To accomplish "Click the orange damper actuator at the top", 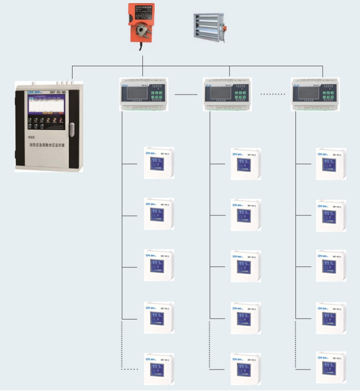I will coord(141,22).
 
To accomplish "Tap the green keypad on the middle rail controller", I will coord(240,94).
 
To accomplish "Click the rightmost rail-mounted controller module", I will coord(314,94).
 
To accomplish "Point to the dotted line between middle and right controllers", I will coord(273,95).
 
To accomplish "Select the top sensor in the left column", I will coord(158,163).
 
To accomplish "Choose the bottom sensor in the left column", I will coord(158,368).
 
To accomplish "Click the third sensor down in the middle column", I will coord(245,266).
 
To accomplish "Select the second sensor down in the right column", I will coord(331,215).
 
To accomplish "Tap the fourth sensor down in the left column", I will coord(158,317).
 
